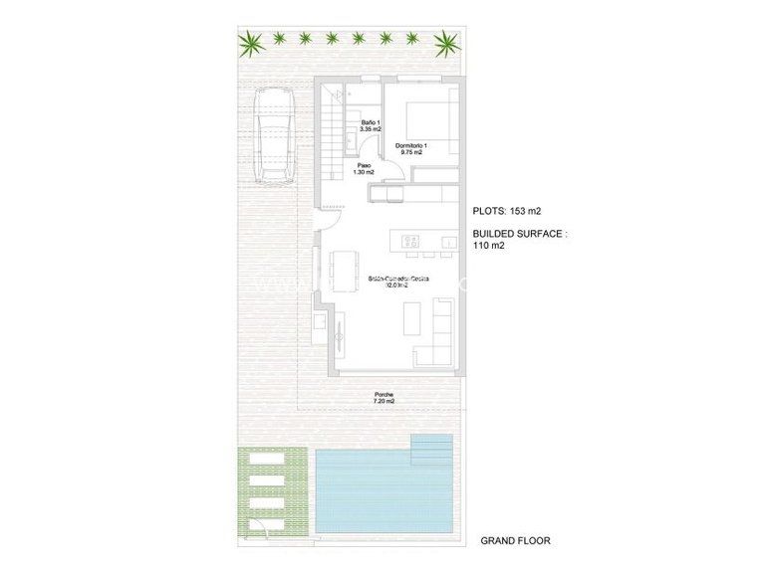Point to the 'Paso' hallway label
tap(364, 167)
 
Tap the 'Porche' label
tap(384, 395)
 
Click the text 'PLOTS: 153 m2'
tap(510, 210)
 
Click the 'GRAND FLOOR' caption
tap(515, 540)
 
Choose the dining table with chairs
tap(345, 268)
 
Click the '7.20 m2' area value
tap(384, 402)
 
